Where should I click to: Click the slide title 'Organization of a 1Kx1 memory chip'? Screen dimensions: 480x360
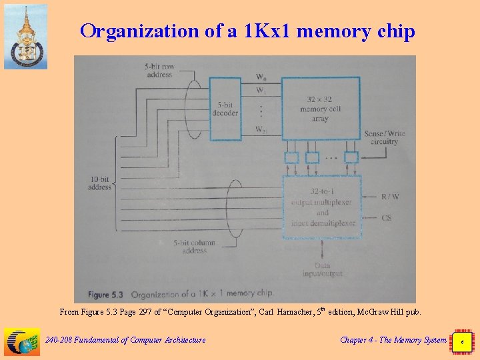tap(247, 31)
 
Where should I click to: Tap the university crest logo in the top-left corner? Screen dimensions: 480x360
tap(25, 37)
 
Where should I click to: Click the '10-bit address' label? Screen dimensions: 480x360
tap(99, 183)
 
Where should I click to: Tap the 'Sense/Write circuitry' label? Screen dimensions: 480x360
tap(384, 137)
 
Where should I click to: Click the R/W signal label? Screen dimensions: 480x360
tap(391, 197)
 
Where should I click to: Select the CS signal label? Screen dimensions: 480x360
tap(387, 218)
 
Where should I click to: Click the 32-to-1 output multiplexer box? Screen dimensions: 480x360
tap(323, 207)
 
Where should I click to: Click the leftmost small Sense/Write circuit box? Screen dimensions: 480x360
tap(291, 158)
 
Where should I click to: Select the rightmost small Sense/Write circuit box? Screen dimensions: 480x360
tap(351, 157)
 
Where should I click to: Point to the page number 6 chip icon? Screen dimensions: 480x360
tap(461, 341)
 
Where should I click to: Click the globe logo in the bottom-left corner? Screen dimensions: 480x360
tap(22, 341)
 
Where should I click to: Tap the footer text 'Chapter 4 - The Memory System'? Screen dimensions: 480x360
tap(393, 340)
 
